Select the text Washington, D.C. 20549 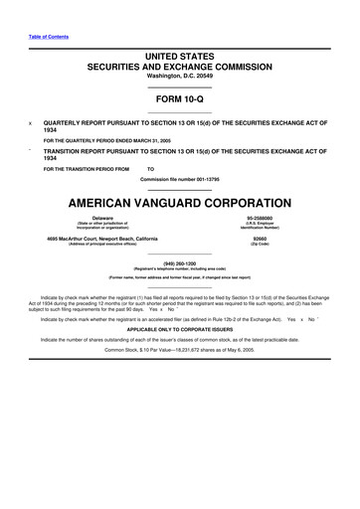tap(180, 83)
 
